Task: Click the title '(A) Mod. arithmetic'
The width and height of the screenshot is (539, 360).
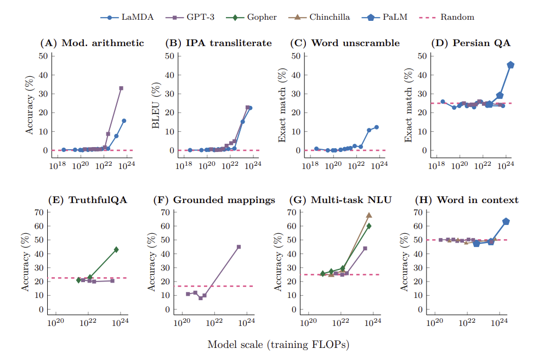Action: click(x=92, y=43)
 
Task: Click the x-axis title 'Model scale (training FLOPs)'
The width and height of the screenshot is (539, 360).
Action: click(x=278, y=345)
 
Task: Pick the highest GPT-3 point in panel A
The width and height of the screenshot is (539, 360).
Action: click(x=121, y=88)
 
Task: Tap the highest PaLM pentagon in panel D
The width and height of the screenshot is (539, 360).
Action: click(x=510, y=65)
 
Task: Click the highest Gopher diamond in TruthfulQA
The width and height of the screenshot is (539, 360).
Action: click(x=116, y=250)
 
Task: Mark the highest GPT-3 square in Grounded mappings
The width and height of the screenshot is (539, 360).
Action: click(x=239, y=247)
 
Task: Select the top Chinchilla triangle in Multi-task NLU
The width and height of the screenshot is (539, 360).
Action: click(x=369, y=215)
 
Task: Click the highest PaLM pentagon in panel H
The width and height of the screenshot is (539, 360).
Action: click(x=506, y=222)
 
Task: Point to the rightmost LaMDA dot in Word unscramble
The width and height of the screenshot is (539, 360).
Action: click(x=377, y=127)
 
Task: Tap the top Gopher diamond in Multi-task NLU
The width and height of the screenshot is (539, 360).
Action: click(x=369, y=226)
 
